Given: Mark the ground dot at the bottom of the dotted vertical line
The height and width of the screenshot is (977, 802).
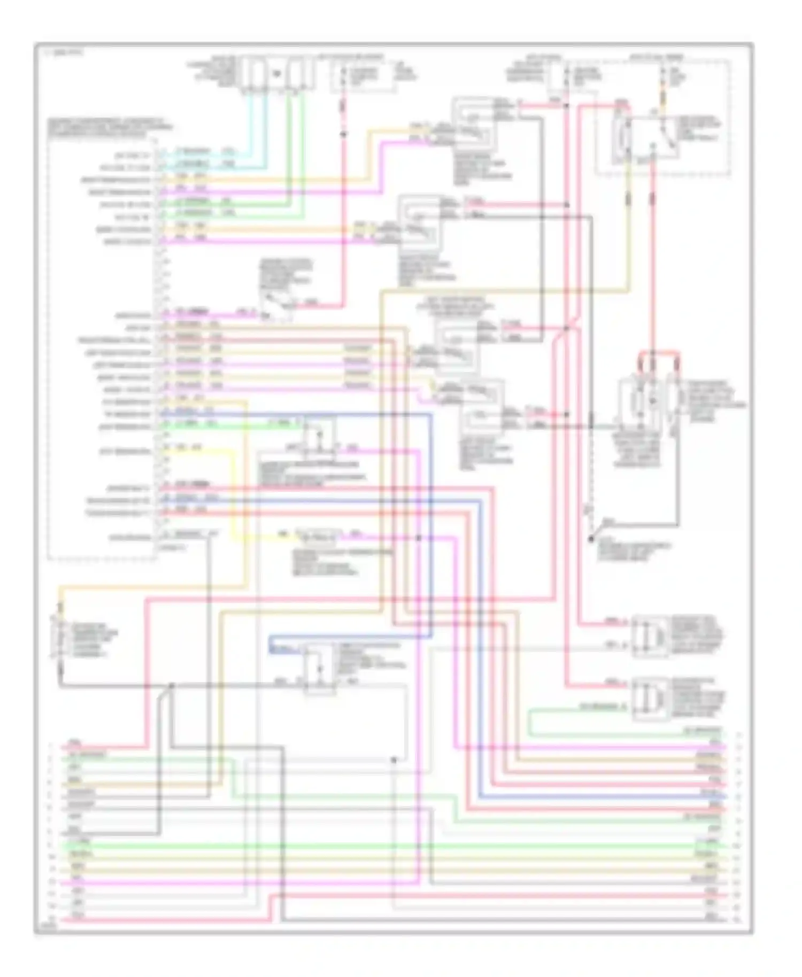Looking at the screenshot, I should pos(591,540).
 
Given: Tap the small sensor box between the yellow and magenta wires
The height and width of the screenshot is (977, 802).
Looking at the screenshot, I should pos(313,536).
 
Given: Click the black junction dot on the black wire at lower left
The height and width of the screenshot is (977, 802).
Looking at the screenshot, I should pos(172,685).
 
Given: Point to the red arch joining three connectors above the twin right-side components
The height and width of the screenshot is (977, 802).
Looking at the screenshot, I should pos(659,354).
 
